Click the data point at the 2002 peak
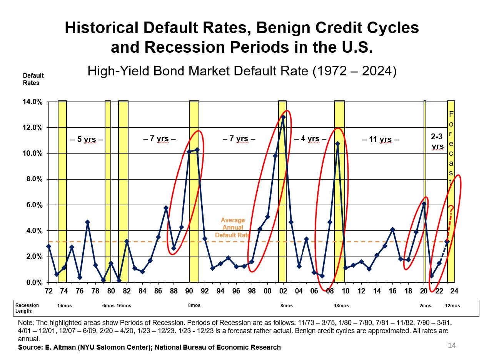[x=283, y=117]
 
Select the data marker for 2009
[x=337, y=144]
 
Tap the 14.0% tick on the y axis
[x=33, y=102]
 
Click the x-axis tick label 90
[x=189, y=291]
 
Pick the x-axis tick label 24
[x=454, y=291]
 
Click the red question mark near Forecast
[x=451, y=209]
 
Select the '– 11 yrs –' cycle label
[x=380, y=140]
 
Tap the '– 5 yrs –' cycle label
[x=87, y=140]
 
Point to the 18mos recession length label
[x=341, y=306]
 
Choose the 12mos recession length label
[x=452, y=306]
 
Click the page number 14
[x=452, y=346]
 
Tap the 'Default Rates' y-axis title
[x=33, y=79]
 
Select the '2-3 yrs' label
[x=437, y=141]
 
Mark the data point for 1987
[x=166, y=208]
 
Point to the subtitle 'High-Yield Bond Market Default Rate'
[x=202, y=71]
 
